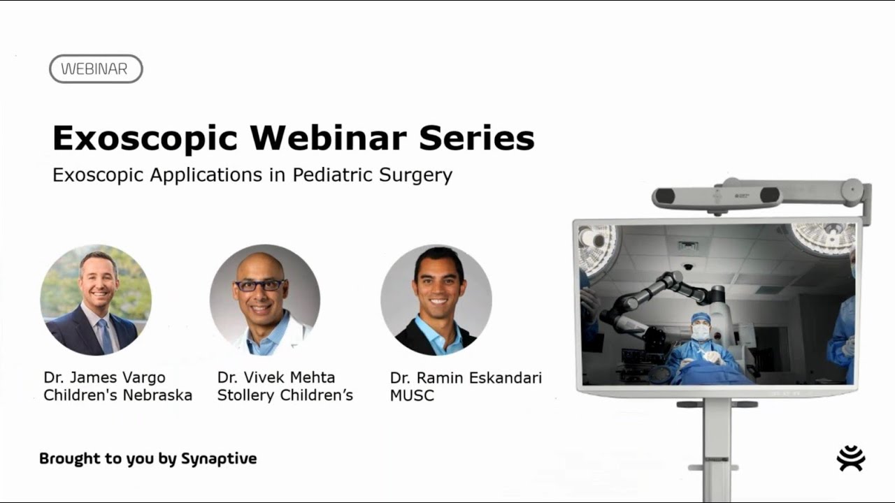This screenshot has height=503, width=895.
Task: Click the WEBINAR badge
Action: pyautogui.click(x=96, y=69)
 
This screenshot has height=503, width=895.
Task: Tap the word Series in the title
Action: pyautogui.click(x=477, y=138)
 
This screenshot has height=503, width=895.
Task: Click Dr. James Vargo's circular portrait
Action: pyautogui.click(x=96, y=300)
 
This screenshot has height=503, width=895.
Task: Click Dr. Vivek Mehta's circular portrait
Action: pyautogui.click(x=265, y=300)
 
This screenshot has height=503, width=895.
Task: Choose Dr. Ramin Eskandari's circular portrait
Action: pyautogui.click(x=436, y=300)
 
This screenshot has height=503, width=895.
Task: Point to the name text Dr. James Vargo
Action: pyautogui.click(x=104, y=377)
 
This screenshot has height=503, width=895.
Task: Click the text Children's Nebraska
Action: pyautogui.click(x=117, y=395)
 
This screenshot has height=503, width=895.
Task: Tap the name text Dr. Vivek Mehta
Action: pyautogui.click(x=275, y=377)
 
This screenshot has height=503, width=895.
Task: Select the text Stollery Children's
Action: pyautogui.click(x=285, y=395)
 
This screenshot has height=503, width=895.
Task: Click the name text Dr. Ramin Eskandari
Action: pyautogui.click(x=466, y=378)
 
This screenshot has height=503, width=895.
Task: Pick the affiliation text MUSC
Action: pyautogui.click(x=412, y=396)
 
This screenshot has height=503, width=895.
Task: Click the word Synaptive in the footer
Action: pyautogui.click(x=219, y=459)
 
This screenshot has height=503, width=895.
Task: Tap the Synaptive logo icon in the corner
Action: pyautogui.click(x=851, y=458)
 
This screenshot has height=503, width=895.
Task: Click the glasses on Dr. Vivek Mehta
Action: pyautogui.click(x=259, y=285)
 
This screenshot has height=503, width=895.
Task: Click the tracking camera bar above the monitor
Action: pyautogui.click(x=717, y=197)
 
